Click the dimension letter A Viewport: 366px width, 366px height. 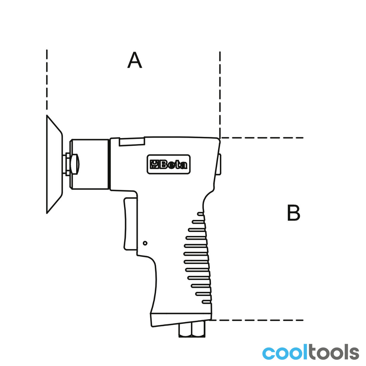[x=135, y=60]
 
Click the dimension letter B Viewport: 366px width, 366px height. [x=293, y=212]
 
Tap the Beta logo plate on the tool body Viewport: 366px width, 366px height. [x=168, y=164]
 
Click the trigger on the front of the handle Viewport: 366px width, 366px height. [x=130, y=224]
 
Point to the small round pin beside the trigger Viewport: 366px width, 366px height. [x=145, y=243]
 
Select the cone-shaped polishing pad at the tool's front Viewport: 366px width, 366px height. [x=54, y=164]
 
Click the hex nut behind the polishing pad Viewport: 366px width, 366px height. [x=72, y=164]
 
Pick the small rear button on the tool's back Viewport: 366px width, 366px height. [x=219, y=164]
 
